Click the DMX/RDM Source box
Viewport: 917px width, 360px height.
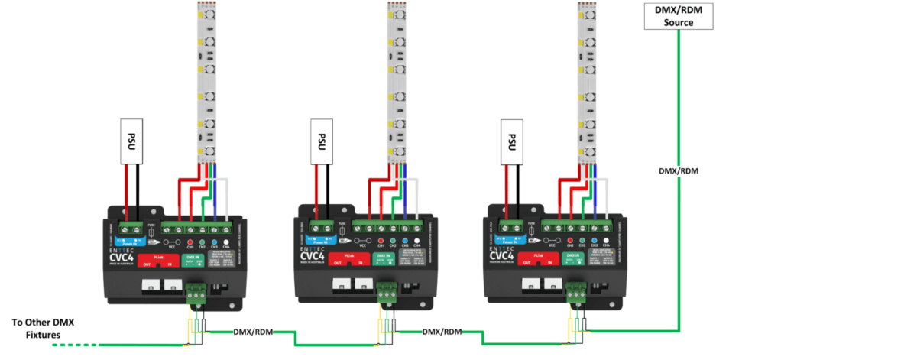coord(679,16)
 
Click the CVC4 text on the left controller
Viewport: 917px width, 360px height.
coord(122,256)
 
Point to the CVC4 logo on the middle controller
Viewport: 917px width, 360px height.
coord(313,256)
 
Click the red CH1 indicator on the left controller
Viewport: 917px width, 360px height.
coord(190,242)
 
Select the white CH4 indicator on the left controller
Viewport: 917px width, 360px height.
coord(226,242)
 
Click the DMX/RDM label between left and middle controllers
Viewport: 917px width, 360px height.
coord(251,332)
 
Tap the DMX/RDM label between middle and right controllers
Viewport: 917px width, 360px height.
coord(442,332)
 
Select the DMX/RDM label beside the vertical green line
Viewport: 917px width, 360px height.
coord(679,171)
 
